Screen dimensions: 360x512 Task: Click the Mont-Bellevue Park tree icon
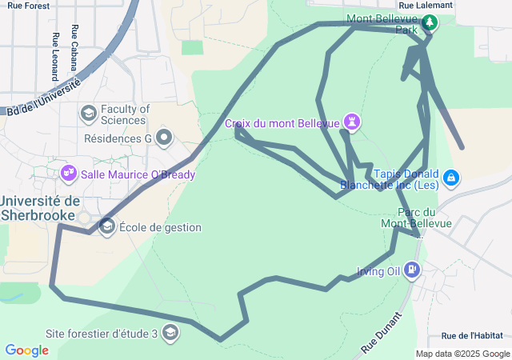coord(430,22)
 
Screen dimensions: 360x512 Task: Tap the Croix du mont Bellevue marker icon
coord(351,122)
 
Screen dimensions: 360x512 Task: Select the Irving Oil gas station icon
coord(412,270)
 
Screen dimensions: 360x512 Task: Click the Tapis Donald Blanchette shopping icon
coord(450,176)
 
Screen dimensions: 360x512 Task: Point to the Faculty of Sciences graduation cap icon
coord(87,114)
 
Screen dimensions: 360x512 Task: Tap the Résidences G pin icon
coord(164,138)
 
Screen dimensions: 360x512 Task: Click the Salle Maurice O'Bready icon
coord(68,173)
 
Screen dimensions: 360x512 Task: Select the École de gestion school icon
coord(107,227)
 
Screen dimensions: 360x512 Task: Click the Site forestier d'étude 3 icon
coord(170,332)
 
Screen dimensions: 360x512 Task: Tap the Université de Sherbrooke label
coord(40,207)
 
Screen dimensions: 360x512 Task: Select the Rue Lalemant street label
coord(425,5)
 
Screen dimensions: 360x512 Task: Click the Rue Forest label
coord(28,6)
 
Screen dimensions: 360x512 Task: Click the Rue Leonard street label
coord(54,57)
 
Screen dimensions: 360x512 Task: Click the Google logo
coord(26,350)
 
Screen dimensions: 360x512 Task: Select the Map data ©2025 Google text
coord(462,354)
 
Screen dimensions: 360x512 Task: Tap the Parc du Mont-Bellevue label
coord(425,218)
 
